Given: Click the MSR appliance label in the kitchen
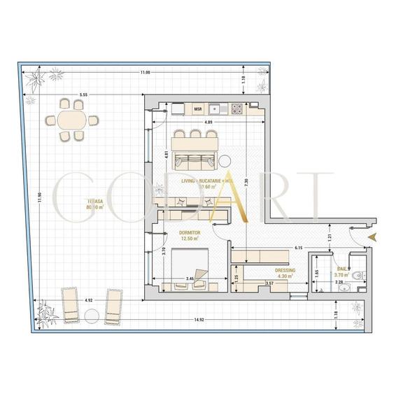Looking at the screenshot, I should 197,109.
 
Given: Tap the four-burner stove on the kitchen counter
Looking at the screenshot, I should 237,108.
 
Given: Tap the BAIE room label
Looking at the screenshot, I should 341,269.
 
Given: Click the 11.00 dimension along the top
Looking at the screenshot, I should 145,73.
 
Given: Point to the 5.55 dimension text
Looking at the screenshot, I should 83,94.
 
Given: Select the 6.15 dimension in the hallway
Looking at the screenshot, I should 298,247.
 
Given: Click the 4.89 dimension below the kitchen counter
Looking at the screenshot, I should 208,122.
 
